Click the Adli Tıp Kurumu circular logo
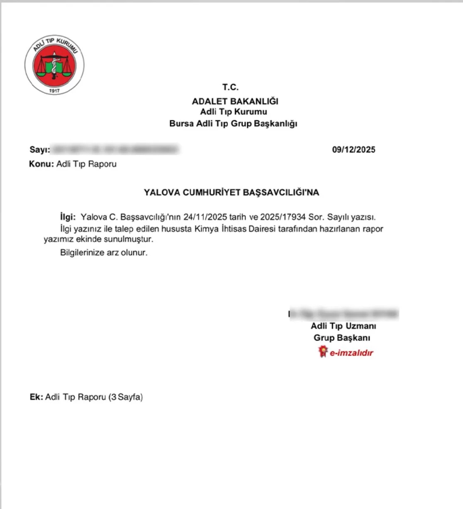pyautogui.click(x=54, y=65)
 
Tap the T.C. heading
pyautogui.click(x=230, y=87)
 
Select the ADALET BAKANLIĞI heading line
pyautogui.click(x=235, y=101)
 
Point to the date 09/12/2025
pyautogui.click(x=353, y=150)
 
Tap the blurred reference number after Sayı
pyautogui.click(x=115, y=149)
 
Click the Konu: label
pyautogui.click(x=42, y=164)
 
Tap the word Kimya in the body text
pyautogui.click(x=206, y=228)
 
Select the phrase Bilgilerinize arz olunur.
pyautogui.click(x=104, y=252)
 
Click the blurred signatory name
pyautogui.click(x=344, y=314)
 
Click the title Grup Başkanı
pyautogui.click(x=342, y=338)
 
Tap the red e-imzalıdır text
pyautogui.click(x=351, y=353)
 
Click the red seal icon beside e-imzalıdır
pyautogui.click(x=323, y=352)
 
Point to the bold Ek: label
pyautogui.click(x=36, y=397)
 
